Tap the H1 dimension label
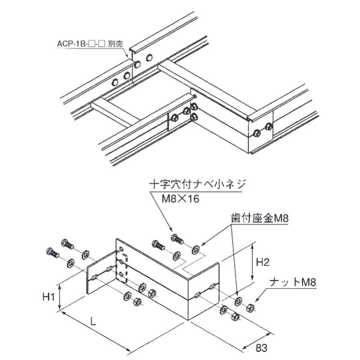click(49, 297)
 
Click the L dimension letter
click(92, 321)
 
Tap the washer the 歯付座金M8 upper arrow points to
click(196, 248)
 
